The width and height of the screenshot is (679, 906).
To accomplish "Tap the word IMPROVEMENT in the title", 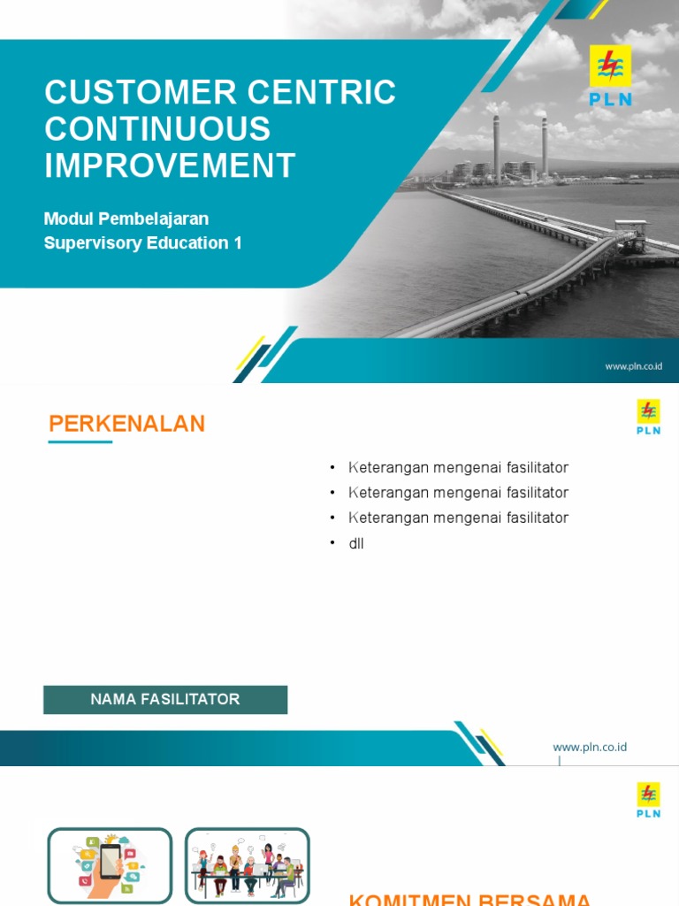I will click(x=170, y=165).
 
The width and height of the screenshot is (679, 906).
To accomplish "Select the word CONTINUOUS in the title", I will click(x=157, y=129).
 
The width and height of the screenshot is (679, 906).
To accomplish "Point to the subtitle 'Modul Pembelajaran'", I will click(x=126, y=219).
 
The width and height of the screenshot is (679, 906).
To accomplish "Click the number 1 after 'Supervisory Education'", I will click(x=237, y=242).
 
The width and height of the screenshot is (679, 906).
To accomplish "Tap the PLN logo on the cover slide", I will click(x=610, y=76).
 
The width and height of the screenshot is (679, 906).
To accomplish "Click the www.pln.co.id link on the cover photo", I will click(x=633, y=365).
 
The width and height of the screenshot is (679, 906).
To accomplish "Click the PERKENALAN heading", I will click(x=126, y=424).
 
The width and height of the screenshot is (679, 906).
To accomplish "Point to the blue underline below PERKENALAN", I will click(x=80, y=441).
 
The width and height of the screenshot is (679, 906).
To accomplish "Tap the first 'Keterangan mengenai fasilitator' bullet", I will click(x=458, y=467).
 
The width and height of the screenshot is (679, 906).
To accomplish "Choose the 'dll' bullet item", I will click(x=356, y=543).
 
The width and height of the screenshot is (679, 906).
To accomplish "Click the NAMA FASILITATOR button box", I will click(x=165, y=699).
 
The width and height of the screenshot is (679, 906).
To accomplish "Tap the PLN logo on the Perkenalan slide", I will click(x=648, y=417).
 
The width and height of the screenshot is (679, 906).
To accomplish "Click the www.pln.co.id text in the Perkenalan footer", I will click(x=590, y=747).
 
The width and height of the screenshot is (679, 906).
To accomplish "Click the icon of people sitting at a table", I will click(x=247, y=864).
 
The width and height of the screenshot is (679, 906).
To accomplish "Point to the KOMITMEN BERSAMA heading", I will click(x=469, y=899).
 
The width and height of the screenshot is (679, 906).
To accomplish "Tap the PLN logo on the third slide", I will click(x=648, y=800).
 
